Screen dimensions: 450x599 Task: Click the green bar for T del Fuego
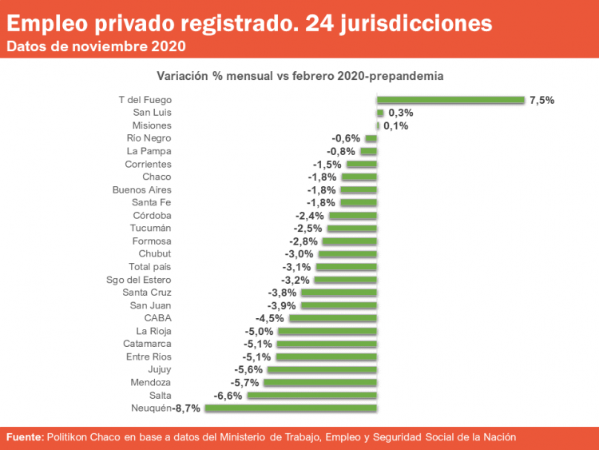(450, 100)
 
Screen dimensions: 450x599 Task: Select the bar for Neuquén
(291, 408)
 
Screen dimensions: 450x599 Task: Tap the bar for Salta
(311, 395)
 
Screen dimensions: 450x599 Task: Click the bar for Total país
(346, 267)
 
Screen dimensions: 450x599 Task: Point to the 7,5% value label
(541, 100)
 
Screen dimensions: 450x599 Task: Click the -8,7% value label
(188, 408)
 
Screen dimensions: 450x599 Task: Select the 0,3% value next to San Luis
(400, 113)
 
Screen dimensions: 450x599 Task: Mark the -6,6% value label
(229, 395)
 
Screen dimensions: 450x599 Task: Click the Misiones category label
(152, 125)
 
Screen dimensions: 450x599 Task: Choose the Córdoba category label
(152, 215)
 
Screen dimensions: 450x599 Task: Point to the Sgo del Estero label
(139, 280)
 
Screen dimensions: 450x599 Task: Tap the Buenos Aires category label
(142, 189)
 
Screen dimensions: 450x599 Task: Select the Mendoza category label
(151, 382)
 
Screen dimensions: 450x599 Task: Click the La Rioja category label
(153, 331)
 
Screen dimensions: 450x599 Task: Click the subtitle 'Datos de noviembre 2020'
(96, 46)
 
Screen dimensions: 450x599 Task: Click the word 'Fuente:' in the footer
(25, 437)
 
